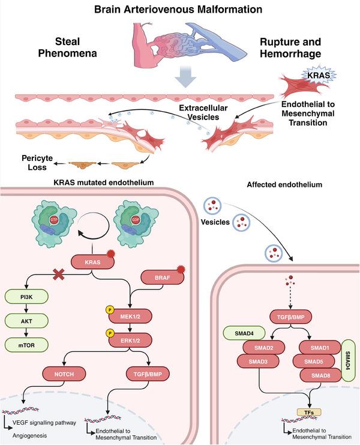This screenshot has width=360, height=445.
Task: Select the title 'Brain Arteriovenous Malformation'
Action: click(x=180, y=10)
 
